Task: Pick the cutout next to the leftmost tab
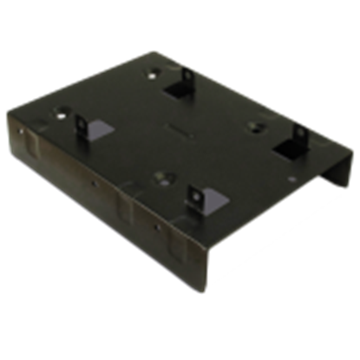coord(100,128)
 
